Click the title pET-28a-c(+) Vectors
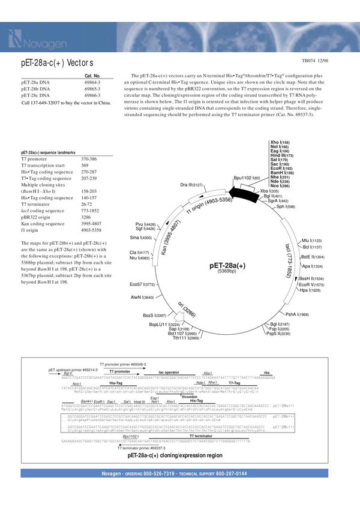click(58, 63)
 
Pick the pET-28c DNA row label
click(35, 95)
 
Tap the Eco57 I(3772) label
click(142, 284)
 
